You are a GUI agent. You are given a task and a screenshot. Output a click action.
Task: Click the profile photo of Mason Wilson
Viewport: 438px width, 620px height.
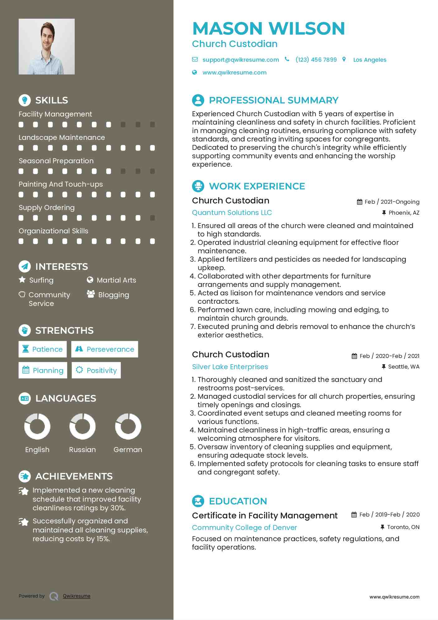coord(47,47)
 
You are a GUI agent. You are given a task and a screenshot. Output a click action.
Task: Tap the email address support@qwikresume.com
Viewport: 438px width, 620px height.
coord(240,60)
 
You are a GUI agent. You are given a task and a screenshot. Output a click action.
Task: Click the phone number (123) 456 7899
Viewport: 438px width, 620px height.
coord(316,60)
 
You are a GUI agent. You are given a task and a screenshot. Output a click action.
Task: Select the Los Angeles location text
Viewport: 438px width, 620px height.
coord(370,60)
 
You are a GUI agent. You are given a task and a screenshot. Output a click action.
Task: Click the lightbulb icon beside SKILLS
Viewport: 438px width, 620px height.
coord(25,100)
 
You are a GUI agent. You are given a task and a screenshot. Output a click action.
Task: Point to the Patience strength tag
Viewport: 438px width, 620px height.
coord(43,349)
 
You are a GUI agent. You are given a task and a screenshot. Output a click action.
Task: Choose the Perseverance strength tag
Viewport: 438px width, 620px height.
coord(105,349)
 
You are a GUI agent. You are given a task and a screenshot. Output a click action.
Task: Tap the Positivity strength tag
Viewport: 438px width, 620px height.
coord(96,370)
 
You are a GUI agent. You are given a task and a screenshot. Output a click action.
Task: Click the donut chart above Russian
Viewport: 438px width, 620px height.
coord(82,426)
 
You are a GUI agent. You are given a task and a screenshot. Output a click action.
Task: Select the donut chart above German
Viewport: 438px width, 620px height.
coord(128,426)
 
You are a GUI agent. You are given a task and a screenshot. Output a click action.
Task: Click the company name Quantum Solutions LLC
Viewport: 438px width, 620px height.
coord(232,212)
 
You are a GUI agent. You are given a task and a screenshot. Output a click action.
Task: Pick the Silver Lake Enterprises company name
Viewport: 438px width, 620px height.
coord(230,367)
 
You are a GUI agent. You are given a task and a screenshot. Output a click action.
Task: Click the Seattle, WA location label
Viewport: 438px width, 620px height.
coord(403,367)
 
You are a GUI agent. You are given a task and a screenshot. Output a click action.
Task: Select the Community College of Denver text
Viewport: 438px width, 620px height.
coord(244,527)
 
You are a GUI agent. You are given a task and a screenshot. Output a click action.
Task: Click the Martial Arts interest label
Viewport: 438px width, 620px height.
coord(116,280)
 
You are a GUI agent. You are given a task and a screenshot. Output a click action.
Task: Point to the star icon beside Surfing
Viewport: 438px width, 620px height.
coord(22,280)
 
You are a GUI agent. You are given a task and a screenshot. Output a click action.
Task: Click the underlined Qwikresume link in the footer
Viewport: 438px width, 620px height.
coord(77,596)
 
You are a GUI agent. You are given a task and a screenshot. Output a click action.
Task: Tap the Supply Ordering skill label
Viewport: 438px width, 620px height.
coord(47,207)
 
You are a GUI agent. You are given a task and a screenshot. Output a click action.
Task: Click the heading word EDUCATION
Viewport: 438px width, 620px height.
coord(238,501)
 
